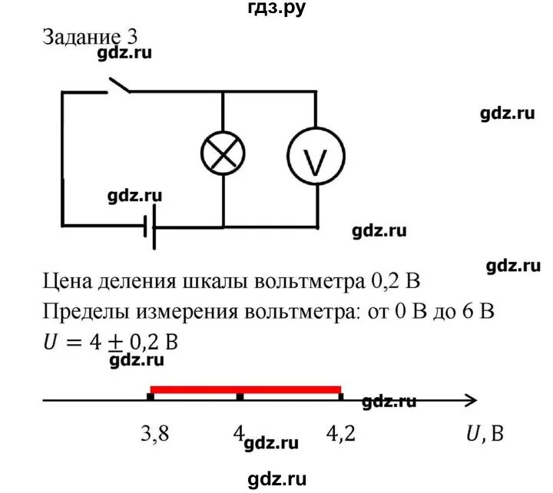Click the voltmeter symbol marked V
tap(316, 157)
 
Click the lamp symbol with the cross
tap(223, 153)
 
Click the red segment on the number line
tap(246, 389)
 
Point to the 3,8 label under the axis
tap(155, 434)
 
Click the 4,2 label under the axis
tap(341, 434)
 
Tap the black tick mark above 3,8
tap(151, 396)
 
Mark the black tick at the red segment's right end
tap(340, 396)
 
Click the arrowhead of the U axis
tap(470, 399)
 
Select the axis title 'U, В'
tap(485, 435)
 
